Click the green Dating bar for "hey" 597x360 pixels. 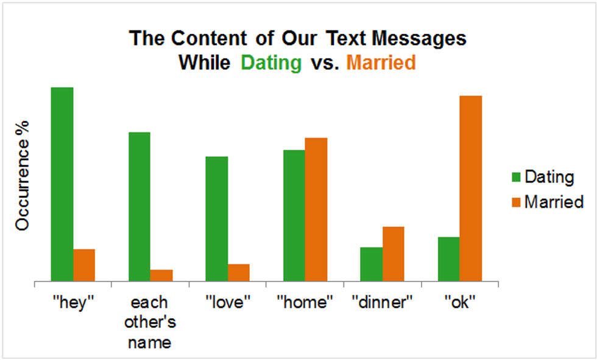62,184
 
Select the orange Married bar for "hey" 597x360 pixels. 84,265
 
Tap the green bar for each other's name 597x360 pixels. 140,207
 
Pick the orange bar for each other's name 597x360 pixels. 161,275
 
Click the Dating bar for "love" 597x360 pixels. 217,219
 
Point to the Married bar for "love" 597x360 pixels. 239,273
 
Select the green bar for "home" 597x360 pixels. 294,216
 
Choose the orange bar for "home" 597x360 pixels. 316,210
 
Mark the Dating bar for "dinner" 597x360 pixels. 372,265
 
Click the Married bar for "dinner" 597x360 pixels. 394,254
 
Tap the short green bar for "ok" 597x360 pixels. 449,259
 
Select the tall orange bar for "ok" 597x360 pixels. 471,189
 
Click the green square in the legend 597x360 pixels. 517,177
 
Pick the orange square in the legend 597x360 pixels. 517,202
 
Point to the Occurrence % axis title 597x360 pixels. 23,176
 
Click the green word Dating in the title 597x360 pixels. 271,63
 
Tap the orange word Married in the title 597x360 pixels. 381,63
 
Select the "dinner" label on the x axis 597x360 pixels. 383,302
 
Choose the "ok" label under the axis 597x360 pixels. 460,302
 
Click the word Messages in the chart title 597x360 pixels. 419,38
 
